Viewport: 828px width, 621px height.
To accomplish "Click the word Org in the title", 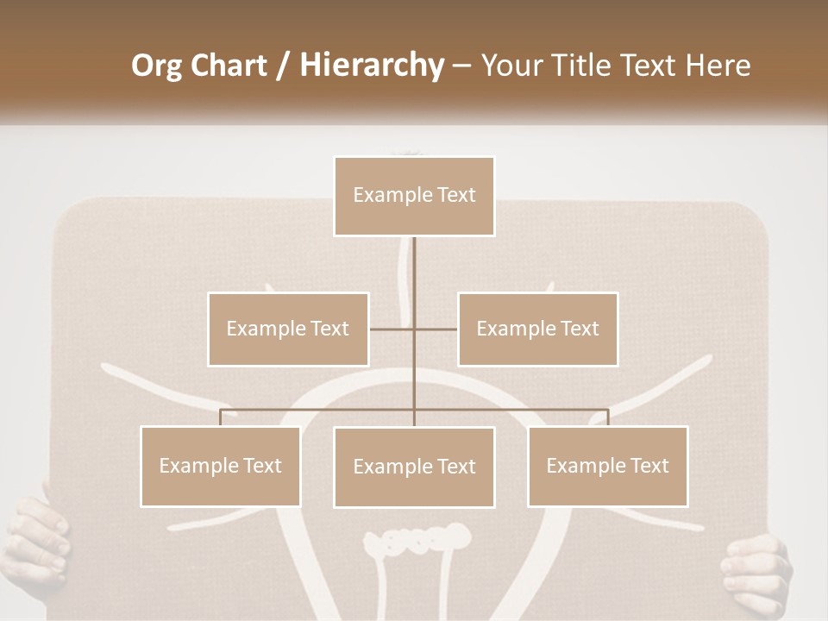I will pyautogui.click(x=158, y=66).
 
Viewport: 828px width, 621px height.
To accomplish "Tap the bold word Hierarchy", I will pyautogui.click(x=372, y=66).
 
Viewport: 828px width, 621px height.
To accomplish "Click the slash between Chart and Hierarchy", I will pyautogui.click(x=283, y=66).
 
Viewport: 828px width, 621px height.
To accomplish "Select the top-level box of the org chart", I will pyautogui.click(x=414, y=196).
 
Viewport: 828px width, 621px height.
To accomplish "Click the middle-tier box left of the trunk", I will pyautogui.click(x=288, y=329).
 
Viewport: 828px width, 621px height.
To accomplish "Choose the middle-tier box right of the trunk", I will pyautogui.click(x=537, y=329).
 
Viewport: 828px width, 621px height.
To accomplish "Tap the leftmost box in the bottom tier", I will pyautogui.click(x=221, y=466).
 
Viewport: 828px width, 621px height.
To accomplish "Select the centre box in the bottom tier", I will pyautogui.click(x=414, y=467).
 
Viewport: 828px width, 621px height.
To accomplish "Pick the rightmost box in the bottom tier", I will pyautogui.click(x=607, y=466).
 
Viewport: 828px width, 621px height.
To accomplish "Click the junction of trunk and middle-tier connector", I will pyautogui.click(x=414, y=329).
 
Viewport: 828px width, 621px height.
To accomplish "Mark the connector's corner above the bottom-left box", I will pyautogui.click(x=221, y=410).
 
